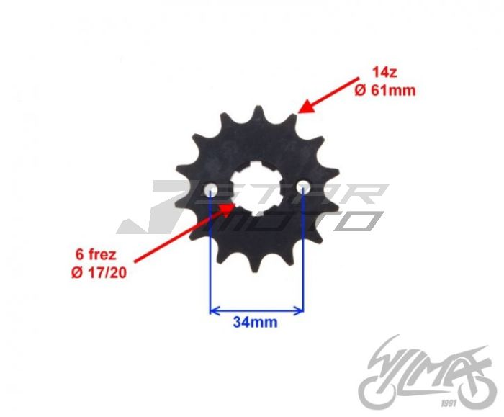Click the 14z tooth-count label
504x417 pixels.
point(384,72)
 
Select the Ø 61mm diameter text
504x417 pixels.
point(385,90)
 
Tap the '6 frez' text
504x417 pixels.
point(96,255)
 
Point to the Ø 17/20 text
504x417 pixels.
point(99,273)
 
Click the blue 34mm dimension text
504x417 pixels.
point(255,322)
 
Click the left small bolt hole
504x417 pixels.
point(211,189)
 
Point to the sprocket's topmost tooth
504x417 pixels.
point(258,111)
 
